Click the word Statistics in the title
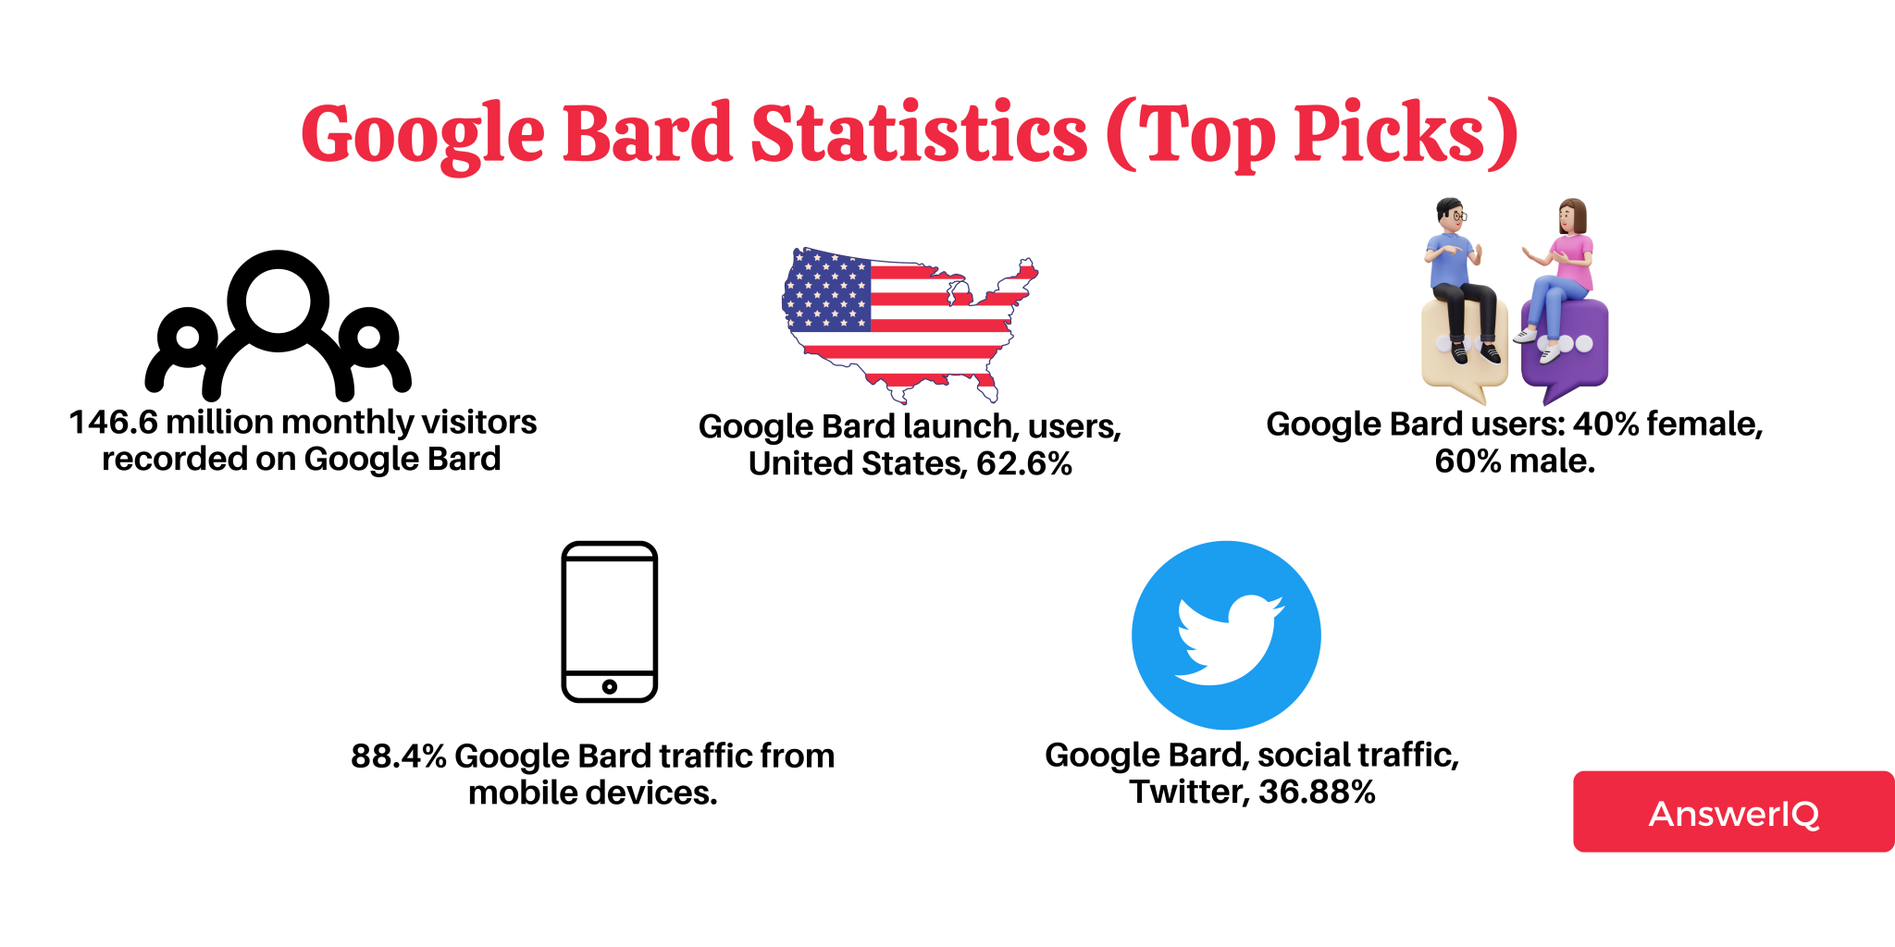[x=919, y=134]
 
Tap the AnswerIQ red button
[x=1733, y=812]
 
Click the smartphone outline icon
[x=609, y=621]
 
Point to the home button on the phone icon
[x=609, y=686]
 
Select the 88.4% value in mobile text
[x=398, y=756]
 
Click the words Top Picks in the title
[x=1314, y=134]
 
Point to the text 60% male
[x=1515, y=461]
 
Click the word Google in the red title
[x=423, y=134]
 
